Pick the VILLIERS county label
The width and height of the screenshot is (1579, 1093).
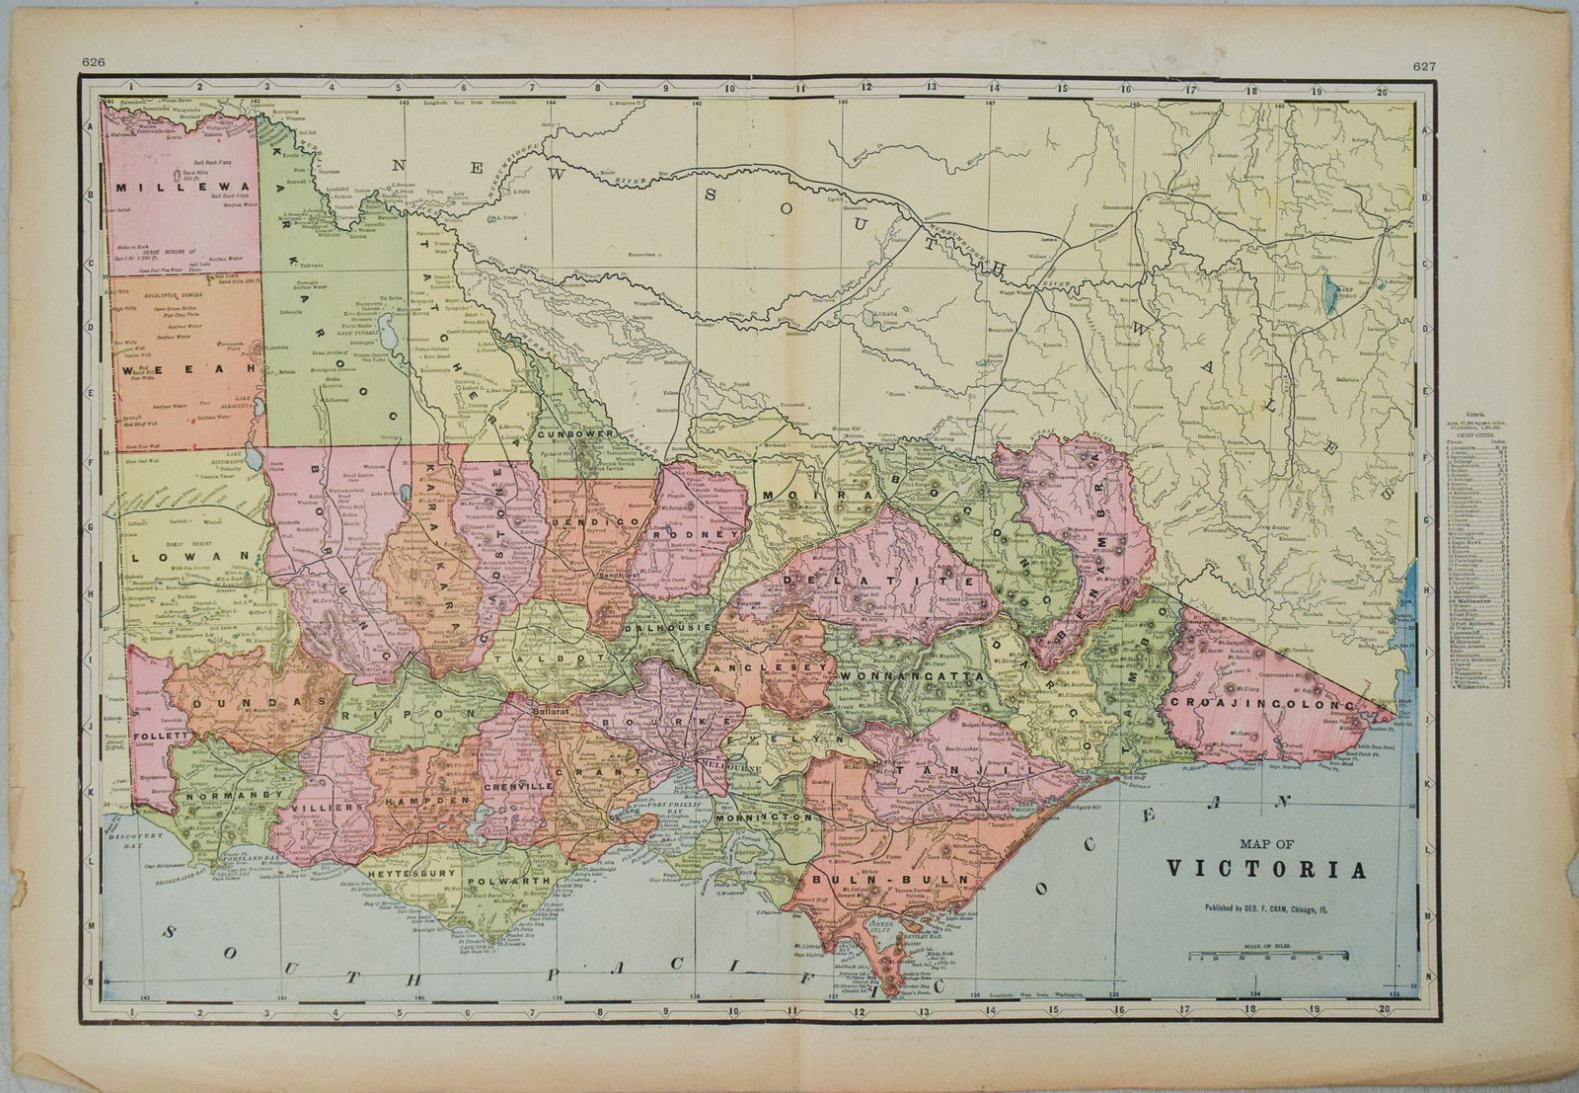[319, 807]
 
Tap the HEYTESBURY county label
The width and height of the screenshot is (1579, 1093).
[411, 874]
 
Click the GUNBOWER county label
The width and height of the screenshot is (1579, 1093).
[577, 433]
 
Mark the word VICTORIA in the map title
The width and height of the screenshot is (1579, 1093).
[1267, 870]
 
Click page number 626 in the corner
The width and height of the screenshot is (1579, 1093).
[93, 62]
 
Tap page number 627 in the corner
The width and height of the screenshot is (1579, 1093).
[1423, 66]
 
